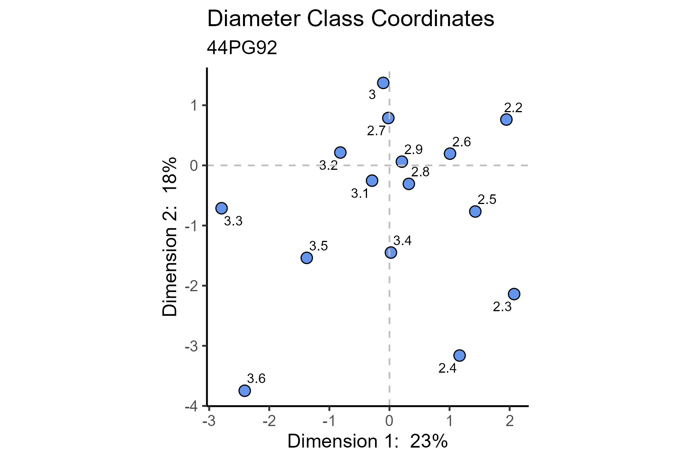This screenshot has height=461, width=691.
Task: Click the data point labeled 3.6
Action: coord(245,391)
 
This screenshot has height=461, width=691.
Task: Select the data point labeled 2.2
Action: coord(506,119)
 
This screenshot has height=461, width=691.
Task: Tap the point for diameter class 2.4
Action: coord(460,355)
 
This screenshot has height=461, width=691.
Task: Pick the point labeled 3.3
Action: coord(222,208)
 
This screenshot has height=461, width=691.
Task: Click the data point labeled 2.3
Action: coord(514,294)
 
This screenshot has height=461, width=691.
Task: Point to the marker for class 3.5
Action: coord(306,257)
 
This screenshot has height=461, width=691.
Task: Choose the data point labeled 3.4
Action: coord(390,252)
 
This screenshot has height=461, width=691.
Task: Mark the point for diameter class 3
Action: coord(383,83)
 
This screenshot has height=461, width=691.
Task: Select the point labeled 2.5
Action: coord(475,211)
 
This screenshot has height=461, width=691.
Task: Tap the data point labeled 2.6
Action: coord(450,154)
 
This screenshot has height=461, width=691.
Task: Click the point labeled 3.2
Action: coord(340,153)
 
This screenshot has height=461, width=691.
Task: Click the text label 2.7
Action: coord(376,132)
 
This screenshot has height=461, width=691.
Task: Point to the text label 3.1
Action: coord(360,194)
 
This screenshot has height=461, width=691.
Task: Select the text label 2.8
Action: coord(420,172)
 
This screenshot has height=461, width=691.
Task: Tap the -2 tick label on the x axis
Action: coord(269,421)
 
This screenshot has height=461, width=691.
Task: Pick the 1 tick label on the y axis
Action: coord(193,105)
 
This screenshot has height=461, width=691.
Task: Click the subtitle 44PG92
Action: coord(242,48)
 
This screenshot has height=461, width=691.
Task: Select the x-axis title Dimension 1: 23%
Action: coord(367,442)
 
